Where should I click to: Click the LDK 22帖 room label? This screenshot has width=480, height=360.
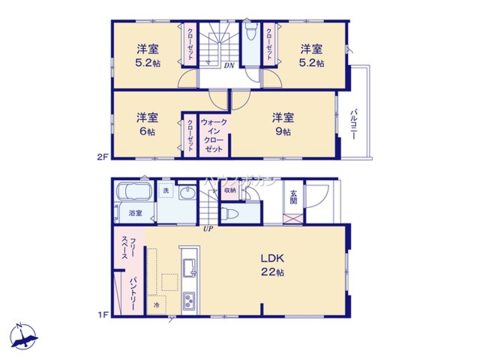click(x=273, y=264)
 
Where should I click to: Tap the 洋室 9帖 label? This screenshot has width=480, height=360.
click(x=283, y=124)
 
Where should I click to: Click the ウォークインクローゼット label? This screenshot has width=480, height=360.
click(x=214, y=135)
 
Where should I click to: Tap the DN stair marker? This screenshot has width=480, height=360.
click(x=229, y=66)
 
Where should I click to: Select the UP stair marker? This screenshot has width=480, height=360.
click(x=208, y=228)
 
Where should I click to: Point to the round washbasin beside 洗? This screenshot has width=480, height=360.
click(x=187, y=193)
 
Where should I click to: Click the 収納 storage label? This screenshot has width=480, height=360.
click(x=230, y=190)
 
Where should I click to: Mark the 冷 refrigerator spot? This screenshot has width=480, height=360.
click(x=156, y=304)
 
